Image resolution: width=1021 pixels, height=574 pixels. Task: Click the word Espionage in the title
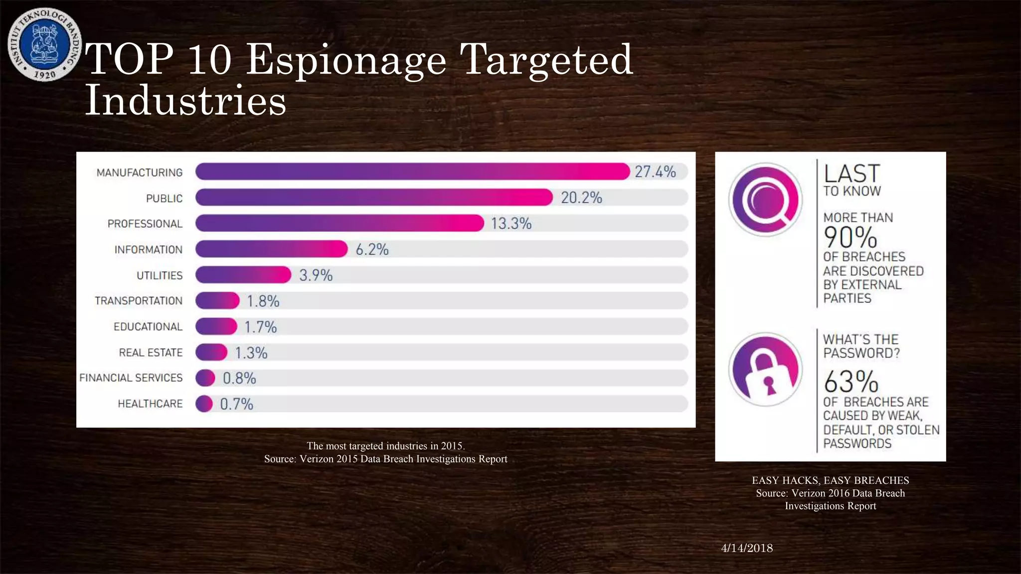click(x=346, y=60)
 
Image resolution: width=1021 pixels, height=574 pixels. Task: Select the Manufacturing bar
click(x=412, y=171)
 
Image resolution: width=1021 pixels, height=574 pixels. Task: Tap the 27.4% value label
click(x=655, y=172)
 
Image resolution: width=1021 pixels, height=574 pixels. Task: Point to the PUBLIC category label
click(x=164, y=198)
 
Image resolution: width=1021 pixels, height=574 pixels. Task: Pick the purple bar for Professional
click(x=339, y=223)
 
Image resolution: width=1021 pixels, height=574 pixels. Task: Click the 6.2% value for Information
click(x=372, y=249)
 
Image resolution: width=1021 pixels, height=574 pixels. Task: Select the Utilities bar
click(x=243, y=275)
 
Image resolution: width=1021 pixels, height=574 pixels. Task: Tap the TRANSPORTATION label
click(x=139, y=301)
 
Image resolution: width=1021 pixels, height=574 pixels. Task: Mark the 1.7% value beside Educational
click(x=260, y=327)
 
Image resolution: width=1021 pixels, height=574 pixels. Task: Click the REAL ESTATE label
click(x=151, y=353)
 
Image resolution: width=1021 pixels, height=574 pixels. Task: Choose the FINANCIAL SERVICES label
click(x=131, y=378)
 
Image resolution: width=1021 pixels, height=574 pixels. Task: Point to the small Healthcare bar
click(x=204, y=404)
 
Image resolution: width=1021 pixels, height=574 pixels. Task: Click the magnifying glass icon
click(x=765, y=200)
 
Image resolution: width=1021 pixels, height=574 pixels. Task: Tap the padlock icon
click(x=765, y=370)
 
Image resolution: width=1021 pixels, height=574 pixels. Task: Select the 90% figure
click(x=850, y=237)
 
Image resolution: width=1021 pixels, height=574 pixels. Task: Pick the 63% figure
click(x=851, y=382)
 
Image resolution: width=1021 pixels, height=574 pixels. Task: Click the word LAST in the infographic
click(x=852, y=173)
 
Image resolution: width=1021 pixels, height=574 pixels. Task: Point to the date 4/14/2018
click(x=747, y=548)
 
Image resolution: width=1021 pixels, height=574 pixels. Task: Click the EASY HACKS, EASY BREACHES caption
click(x=830, y=480)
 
